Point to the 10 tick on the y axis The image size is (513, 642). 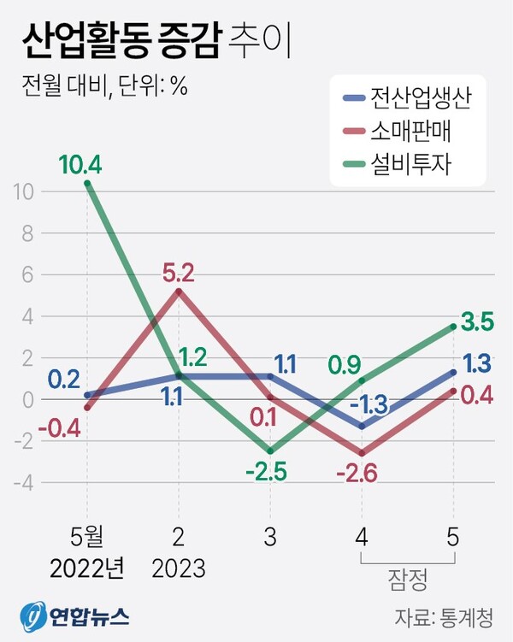[x=23, y=191]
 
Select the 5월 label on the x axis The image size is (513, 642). [x=86, y=537]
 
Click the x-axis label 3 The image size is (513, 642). [x=270, y=537]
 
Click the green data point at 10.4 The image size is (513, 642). [x=87, y=183]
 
